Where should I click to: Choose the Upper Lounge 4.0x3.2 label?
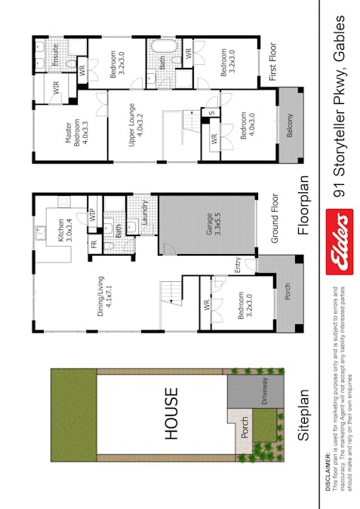[135, 124]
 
